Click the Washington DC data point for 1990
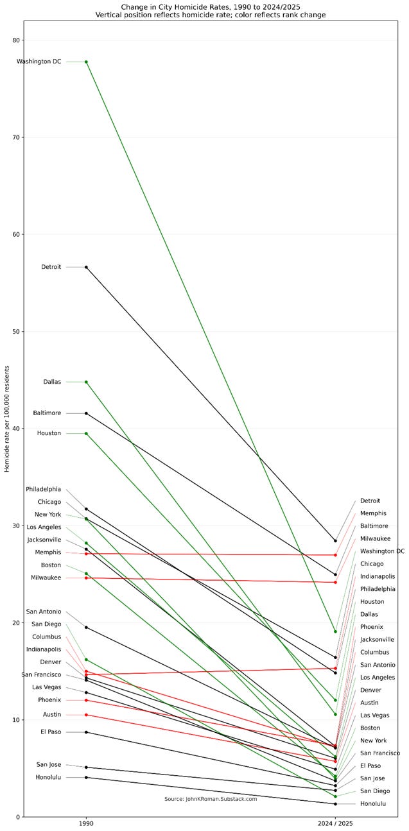tap(86, 62)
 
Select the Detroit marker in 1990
tap(86, 267)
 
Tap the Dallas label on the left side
tap(52, 382)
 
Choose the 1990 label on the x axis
tap(86, 822)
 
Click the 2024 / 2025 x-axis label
tap(335, 822)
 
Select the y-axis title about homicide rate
tap(7, 418)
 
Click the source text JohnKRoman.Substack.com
tap(211, 799)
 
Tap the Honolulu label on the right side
tap(373, 803)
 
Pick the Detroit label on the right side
tap(370, 501)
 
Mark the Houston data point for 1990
tap(86, 434)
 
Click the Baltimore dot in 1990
tap(86, 413)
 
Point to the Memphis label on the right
tap(373, 513)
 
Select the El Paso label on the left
tap(51, 732)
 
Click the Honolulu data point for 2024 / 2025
tap(335, 804)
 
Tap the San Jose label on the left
tap(49, 764)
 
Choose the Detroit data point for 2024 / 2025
tap(335, 541)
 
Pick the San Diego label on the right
tap(375, 791)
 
